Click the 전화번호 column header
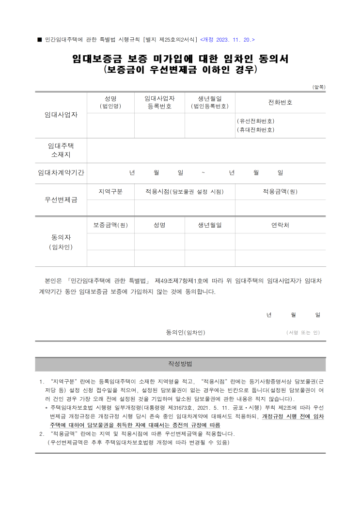(x=280, y=102)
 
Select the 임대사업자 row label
(x=61, y=115)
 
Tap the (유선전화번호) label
(x=255, y=121)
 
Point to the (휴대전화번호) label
(x=255, y=130)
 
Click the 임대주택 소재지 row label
(x=61, y=150)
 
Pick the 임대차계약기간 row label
(x=61, y=173)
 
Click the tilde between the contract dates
(x=203, y=173)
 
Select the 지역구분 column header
(x=110, y=191)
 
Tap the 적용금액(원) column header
(x=280, y=191)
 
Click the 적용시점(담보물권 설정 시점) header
(x=185, y=191)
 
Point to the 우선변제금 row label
(x=61, y=200)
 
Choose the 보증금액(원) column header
(x=110, y=225)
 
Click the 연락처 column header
(x=280, y=225)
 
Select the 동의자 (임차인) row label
(x=61, y=242)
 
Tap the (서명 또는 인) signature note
(x=303, y=333)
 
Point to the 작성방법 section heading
(x=180, y=364)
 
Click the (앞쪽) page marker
(x=319, y=87)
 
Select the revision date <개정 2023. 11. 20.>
(x=227, y=39)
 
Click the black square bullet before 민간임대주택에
(x=39, y=39)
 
